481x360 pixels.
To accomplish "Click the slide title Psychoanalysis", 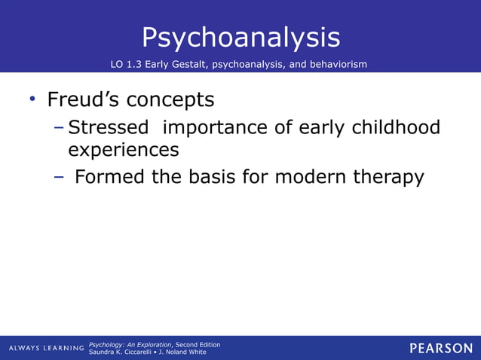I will click(x=240, y=37).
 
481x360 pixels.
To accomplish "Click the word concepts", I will click(x=170, y=101).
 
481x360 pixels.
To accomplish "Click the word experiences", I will click(x=124, y=151).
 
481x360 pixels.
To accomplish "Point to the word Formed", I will click(x=110, y=177).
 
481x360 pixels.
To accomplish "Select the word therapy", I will click(x=388, y=178).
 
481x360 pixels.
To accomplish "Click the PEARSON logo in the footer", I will click(x=441, y=348).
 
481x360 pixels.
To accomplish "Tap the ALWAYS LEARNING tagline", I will click(x=46, y=348).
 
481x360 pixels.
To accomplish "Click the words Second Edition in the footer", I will click(x=198, y=344).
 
